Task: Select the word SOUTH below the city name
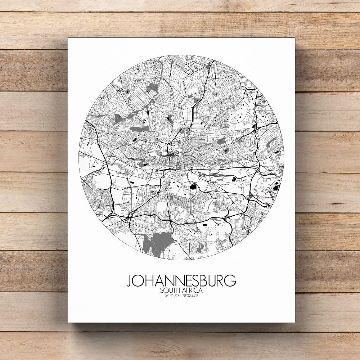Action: click(x=171, y=290)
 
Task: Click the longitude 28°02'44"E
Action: click(x=191, y=296)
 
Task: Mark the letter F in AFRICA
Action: click(x=188, y=290)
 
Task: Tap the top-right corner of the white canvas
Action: click(x=294, y=39)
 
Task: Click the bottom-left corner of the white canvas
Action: click(x=68, y=321)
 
